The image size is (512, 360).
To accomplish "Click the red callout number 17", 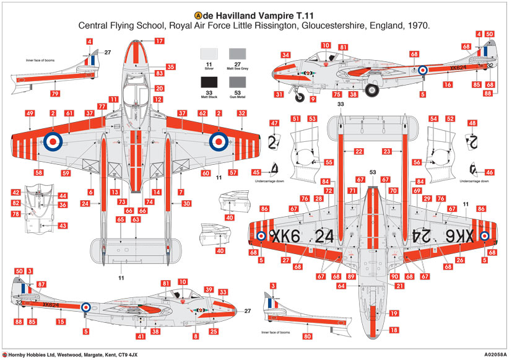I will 159,41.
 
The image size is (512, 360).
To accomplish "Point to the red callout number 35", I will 170,66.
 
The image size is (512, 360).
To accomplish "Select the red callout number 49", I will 30,113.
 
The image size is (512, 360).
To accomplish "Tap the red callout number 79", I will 54,94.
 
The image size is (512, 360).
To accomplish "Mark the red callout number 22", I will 358,151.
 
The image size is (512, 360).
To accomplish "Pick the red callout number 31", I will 279,95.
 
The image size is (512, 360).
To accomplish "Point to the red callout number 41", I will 142,336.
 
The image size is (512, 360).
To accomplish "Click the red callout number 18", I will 394,331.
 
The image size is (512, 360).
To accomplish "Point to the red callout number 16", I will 446,84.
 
